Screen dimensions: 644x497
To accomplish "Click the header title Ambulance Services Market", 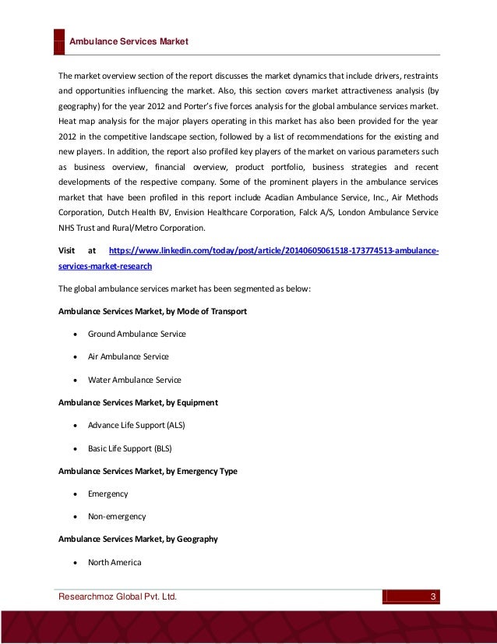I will click(129, 41).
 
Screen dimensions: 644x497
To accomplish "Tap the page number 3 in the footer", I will click(434, 597).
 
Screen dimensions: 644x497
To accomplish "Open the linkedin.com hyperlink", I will click(273, 251).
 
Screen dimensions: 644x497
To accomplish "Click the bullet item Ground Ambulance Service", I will click(136, 334).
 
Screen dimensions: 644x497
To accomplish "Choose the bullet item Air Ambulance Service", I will click(128, 356).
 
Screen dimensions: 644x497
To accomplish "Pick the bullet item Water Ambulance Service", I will click(134, 380).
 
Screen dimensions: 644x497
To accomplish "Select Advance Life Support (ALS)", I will click(136, 425).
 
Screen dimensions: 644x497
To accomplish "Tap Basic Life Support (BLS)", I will click(129, 448).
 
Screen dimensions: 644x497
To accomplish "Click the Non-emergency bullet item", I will click(116, 516).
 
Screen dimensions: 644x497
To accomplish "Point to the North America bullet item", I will click(115, 562).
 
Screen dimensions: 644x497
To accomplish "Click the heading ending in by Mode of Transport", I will click(153, 311).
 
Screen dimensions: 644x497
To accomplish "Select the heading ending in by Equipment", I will click(138, 402).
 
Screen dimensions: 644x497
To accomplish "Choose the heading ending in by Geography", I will click(138, 539).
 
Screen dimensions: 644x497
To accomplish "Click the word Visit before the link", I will click(67, 251).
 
